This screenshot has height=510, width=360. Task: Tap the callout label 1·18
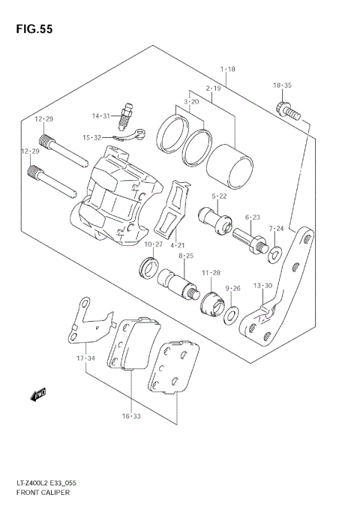[228, 69]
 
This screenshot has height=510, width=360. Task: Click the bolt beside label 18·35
[289, 111]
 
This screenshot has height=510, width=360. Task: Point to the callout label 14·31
[101, 115]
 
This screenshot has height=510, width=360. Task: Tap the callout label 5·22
[219, 196]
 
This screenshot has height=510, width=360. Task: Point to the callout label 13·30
[262, 285]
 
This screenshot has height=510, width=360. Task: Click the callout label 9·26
[232, 288]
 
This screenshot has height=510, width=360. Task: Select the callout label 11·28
[211, 272]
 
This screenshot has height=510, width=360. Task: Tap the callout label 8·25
[185, 256]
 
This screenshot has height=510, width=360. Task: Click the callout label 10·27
[153, 244]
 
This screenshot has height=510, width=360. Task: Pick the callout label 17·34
[86, 358]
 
